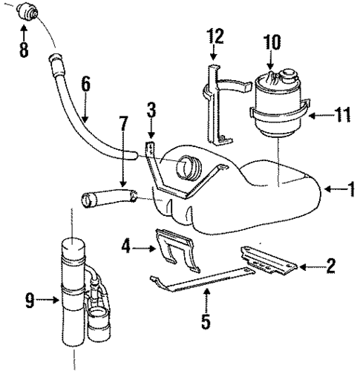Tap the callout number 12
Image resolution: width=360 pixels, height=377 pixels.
click(x=215, y=36)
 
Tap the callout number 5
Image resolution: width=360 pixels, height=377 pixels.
click(x=206, y=322)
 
